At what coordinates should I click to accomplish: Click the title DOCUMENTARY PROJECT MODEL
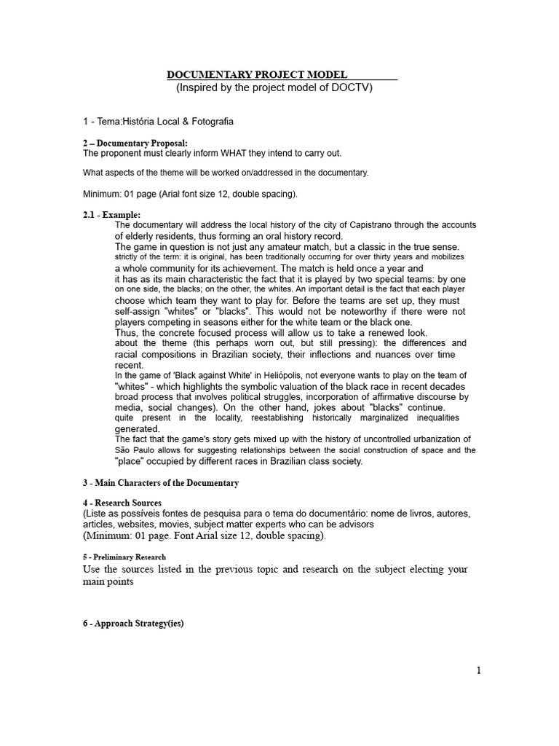coord(257,75)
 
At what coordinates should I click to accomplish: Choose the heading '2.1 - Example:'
coord(111,215)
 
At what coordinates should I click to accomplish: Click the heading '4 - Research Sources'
coord(122,503)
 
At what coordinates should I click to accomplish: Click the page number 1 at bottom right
coord(478,671)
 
